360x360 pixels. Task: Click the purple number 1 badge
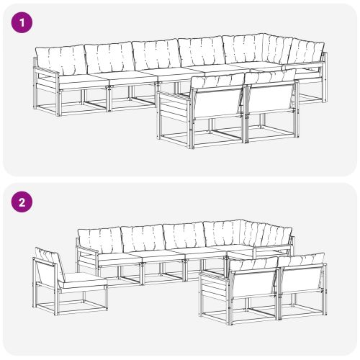(x=24, y=22)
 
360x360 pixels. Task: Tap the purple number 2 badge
(x=24, y=202)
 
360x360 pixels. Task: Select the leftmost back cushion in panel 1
(x=60, y=59)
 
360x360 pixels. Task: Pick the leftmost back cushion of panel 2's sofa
(x=99, y=240)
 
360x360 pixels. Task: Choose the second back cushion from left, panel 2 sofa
(x=142, y=238)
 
